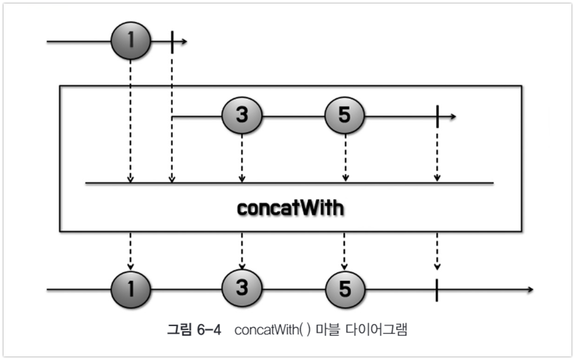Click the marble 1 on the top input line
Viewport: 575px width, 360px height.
pyautogui.click(x=131, y=40)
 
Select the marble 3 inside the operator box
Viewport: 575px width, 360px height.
pyautogui.click(x=242, y=115)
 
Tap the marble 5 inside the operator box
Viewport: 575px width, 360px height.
pyautogui.click(x=344, y=115)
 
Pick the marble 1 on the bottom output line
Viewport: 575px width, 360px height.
pyautogui.click(x=131, y=289)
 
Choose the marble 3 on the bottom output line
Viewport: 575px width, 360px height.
pyautogui.click(x=242, y=288)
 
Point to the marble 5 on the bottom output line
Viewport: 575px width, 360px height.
pyautogui.click(x=345, y=289)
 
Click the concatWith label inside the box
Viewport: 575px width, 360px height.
pyautogui.click(x=290, y=208)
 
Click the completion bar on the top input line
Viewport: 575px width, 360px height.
pyautogui.click(x=172, y=42)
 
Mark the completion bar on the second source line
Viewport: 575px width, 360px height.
pyautogui.click(x=437, y=117)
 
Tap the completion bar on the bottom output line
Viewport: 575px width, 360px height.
pyautogui.click(x=437, y=290)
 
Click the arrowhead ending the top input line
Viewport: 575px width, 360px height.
pyautogui.click(x=184, y=42)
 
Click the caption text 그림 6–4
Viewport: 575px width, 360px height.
pyautogui.click(x=194, y=330)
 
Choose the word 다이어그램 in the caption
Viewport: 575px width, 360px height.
pyautogui.click(x=376, y=330)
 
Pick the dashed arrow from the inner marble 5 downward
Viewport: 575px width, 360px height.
pyautogui.click(x=345, y=157)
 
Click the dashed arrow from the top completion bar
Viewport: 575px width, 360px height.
pyautogui.click(x=172, y=118)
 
